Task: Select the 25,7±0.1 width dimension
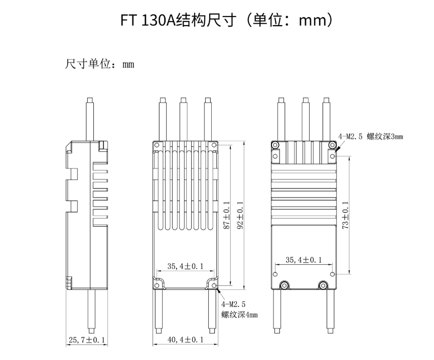coord(87,340)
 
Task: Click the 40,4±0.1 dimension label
coord(186,340)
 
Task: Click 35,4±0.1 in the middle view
coord(186,266)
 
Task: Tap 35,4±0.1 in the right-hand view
coord(304,260)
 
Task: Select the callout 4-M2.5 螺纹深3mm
coord(371,136)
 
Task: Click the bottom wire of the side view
coord(90,311)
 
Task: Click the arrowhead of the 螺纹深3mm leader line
coord(337,149)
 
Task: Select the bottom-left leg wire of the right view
coord(276,311)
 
